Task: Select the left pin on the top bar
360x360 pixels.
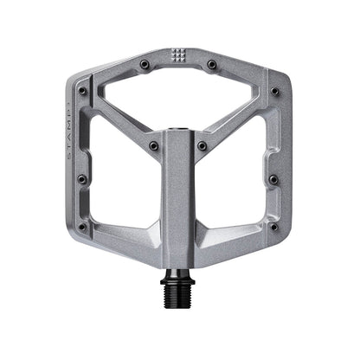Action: pyautogui.click(x=145, y=64)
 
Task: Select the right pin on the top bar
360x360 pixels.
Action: pyautogui.click(x=212, y=64)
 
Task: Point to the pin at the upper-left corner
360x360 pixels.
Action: pyautogui.click(x=82, y=90)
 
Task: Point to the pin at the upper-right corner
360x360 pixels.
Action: pyautogui.click(x=275, y=90)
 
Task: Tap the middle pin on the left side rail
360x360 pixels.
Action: pyautogui.click(x=82, y=179)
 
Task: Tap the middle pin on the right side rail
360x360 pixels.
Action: pyautogui.click(x=274, y=179)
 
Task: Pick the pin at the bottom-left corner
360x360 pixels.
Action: pyautogui.click(x=83, y=227)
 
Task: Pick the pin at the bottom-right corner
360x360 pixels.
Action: pyautogui.click(x=273, y=227)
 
